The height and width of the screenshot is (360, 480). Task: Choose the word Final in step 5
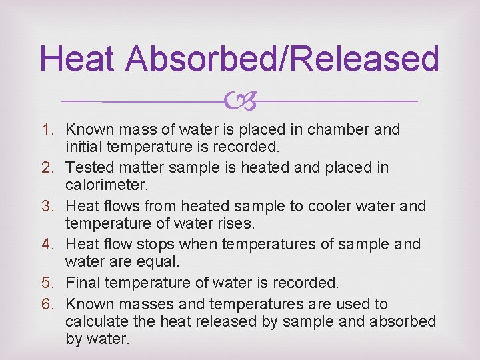point(83,283)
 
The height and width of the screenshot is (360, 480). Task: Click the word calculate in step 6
point(96,322)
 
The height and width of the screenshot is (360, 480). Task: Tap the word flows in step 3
point(118,206)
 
